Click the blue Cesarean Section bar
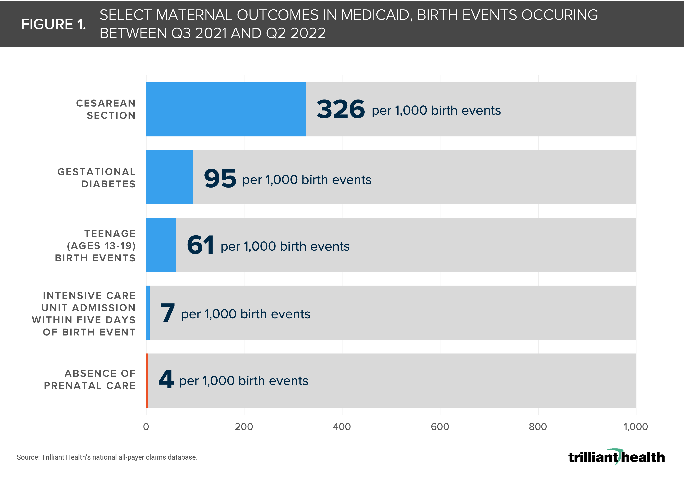pyautogui.click(x=226, y=109)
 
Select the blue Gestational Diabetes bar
pyautogui.click(x=169, y=177)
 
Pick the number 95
pyautogui.click(x=220, y=178)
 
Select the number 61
pyautogui.click(x=200, y=245)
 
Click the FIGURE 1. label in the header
pyautogui.click(x=53, y=24)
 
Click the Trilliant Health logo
pyautogui.click(x=616, y=457)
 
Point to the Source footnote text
pyautogui.click(x=107, y=457)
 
